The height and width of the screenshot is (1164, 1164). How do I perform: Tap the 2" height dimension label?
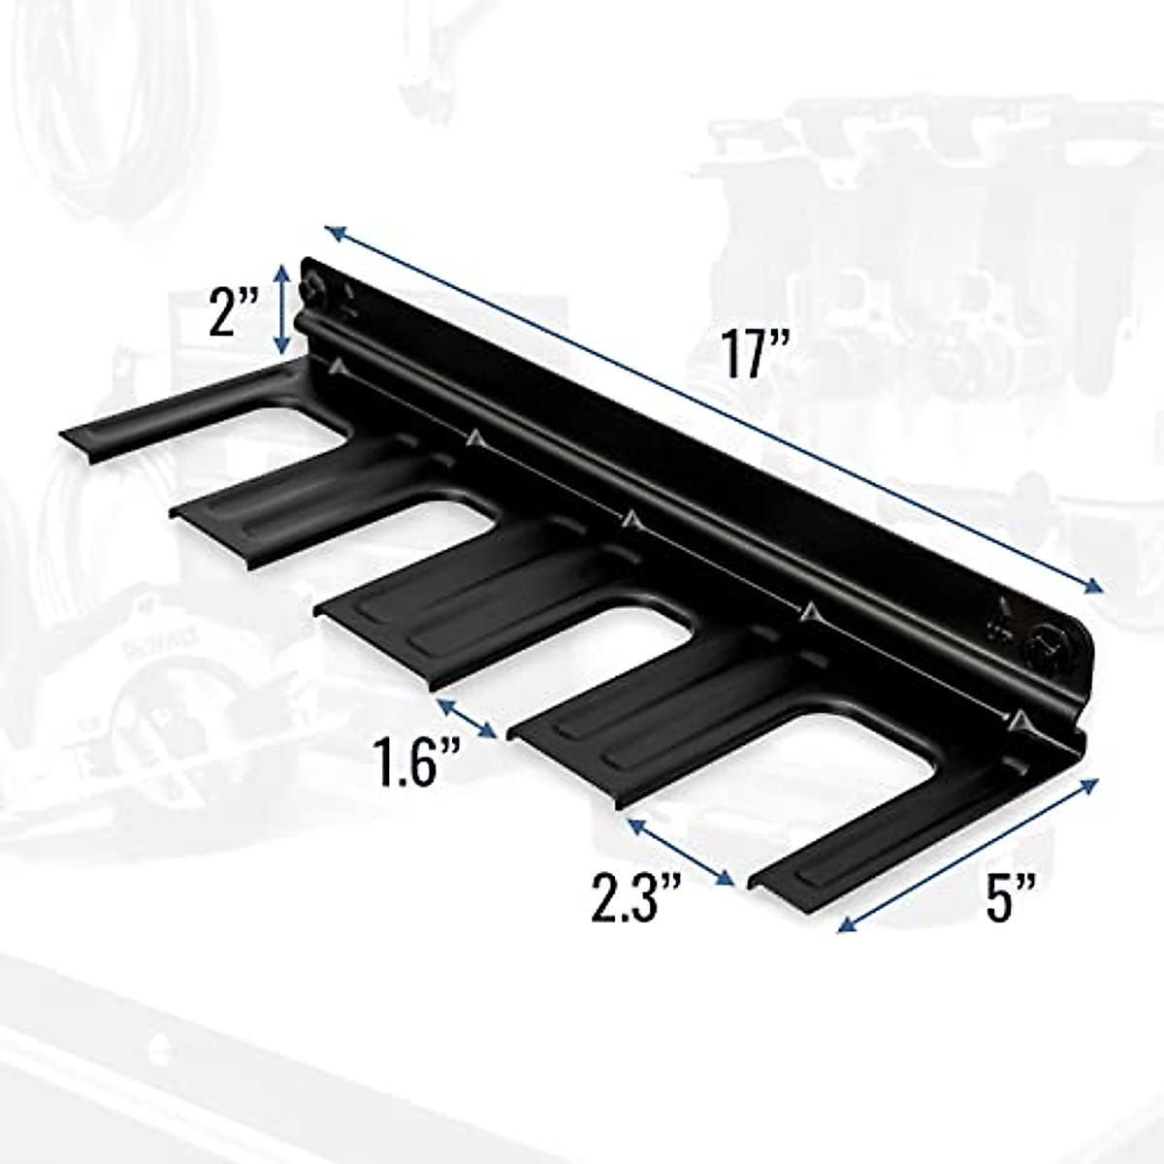click(x=233, y=309)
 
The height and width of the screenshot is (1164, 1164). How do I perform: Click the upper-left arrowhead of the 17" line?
click(x=334, y=232)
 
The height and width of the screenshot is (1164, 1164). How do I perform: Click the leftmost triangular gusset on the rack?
click(x=337, y=367)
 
